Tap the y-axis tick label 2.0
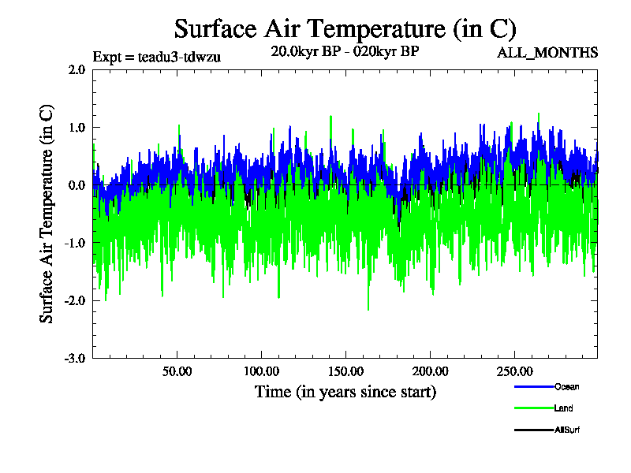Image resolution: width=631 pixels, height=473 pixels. pyautogui.click(x=77, y=69)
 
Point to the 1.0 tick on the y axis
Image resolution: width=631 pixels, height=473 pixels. pyautogui.click(x=77, y=127)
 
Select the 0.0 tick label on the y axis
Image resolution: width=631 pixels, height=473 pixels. pyautogui.click(x=77, y=185)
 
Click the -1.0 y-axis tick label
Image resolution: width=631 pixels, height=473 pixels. pyautogui.click(x=75, y=243)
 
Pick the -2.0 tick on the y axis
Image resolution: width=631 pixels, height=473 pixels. pyautogui.click(x=75, y=300)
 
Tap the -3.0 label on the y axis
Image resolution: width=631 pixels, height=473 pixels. pyautogui.click(x=75, y=358)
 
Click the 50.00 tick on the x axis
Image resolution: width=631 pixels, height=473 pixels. pyautogui.click(x=177, y=371)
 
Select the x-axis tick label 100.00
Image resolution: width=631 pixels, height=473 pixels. pyautogui.click(x=261, y=371)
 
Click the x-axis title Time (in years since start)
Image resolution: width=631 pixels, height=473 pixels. pyautogui.click(x=345, y=392)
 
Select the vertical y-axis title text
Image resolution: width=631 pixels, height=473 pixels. pyautogui.click(x=47, y=213)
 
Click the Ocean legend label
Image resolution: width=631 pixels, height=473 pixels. pyautogui.click(x=566, y=387)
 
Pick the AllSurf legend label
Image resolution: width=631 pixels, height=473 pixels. pyautogui.click(x=568, y=430)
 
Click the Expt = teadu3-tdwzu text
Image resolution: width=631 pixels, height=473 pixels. pyautogui.click(x=156, y=56)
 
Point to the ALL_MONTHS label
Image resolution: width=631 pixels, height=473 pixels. pyautogui.click(x=547, y=53)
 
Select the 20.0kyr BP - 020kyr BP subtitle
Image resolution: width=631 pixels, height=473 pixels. pyautogui.click(x=345, y=51)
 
